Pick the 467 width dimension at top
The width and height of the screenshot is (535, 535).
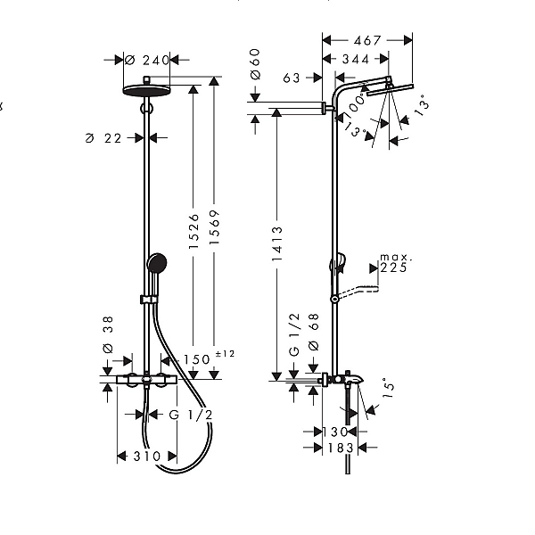(x=366, y=40)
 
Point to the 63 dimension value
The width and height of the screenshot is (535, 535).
(x=292, y=78)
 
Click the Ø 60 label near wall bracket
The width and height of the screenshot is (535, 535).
(x=255, y=63)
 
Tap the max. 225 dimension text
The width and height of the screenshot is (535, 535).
(x=392, y=262)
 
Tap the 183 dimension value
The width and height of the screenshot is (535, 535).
(x=340, y=448)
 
